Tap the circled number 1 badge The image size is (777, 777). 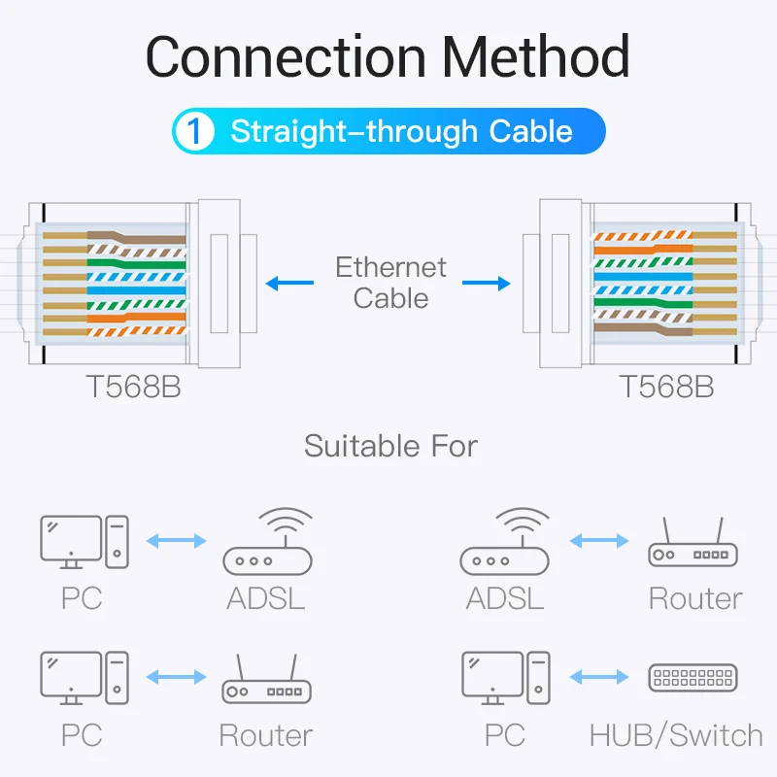coord(197,132)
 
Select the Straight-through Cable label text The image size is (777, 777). coord(401,132)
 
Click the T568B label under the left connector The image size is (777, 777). coord(133,387)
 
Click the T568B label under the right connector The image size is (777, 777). coord(666,387)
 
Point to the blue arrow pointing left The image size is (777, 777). coord(288,284)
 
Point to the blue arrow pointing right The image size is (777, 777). coord(486,284)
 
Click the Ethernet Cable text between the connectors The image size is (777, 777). coord(390,282)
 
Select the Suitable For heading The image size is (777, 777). coord(390,447)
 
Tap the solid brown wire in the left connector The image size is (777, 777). coord(136,238)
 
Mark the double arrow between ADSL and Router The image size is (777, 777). coord(599,541)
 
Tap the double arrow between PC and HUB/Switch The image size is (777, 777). coord(599,677)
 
